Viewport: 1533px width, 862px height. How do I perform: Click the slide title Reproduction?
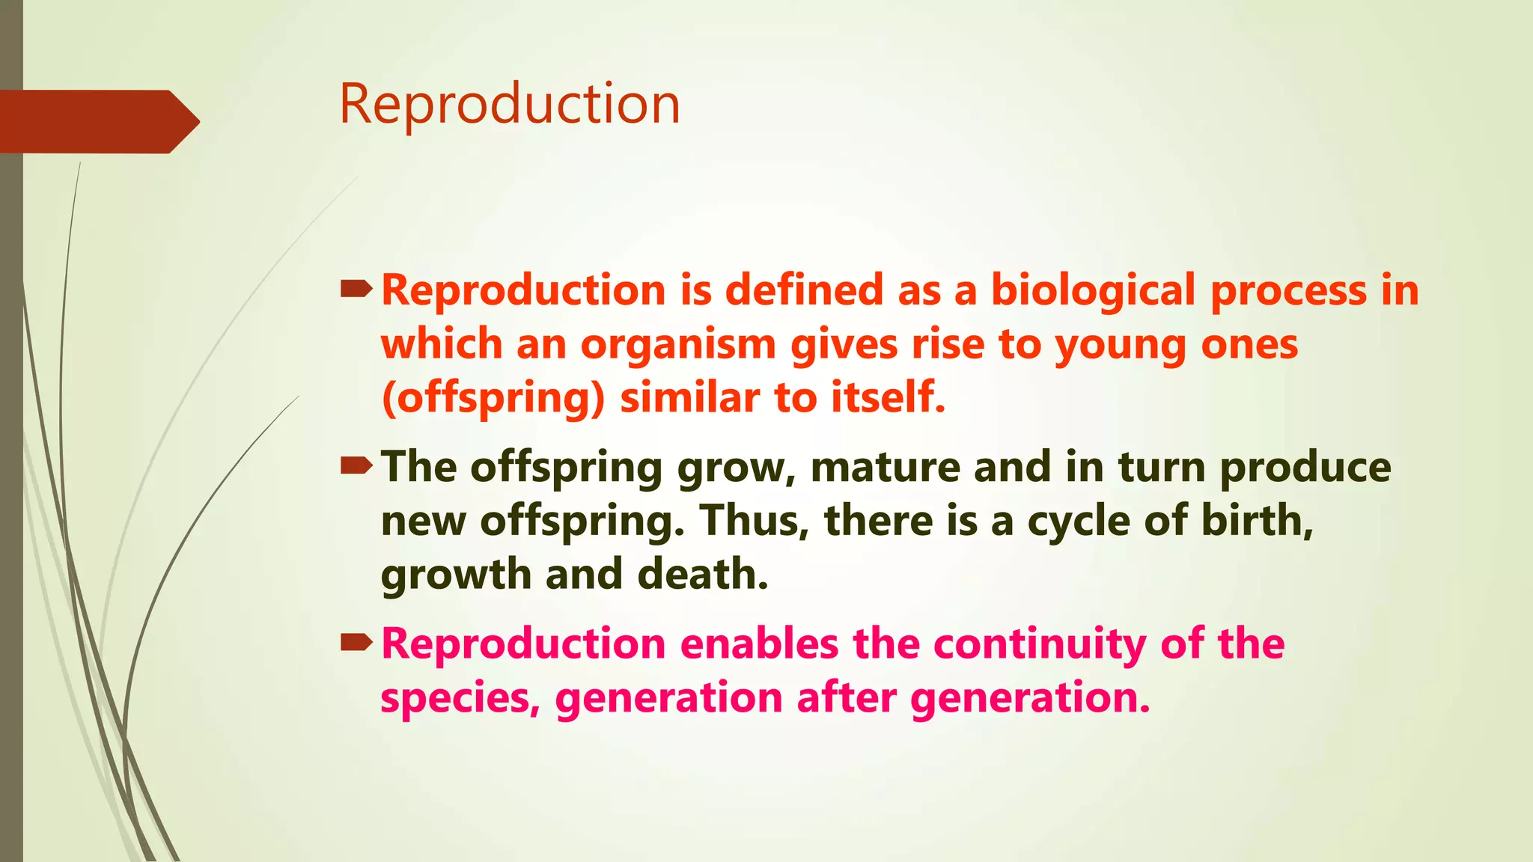click(510, 104)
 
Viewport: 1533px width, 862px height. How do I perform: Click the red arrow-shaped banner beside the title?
click(94, 121)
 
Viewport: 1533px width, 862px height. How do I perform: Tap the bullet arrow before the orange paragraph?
click(356, 289)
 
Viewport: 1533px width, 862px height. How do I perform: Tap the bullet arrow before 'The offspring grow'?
click(356, 467)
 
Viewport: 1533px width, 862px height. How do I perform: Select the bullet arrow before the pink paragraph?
click(356, 642)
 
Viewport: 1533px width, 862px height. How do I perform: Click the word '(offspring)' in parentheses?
click(493, 398)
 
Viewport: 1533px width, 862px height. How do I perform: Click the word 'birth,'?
click(1258, 521)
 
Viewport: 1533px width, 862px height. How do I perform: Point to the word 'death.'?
click(703, 575)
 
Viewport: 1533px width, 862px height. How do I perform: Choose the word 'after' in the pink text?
click(846, 698)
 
